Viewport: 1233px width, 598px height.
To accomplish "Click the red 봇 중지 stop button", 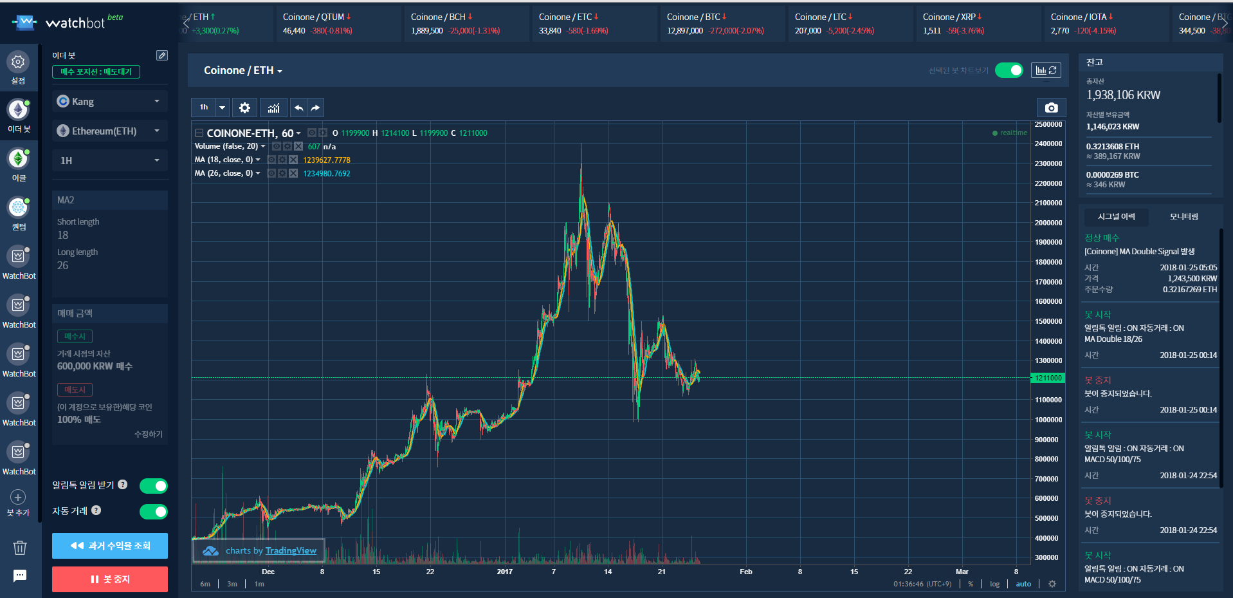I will tap(110, 579).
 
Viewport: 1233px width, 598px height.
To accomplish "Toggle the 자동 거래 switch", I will tap(154, 512).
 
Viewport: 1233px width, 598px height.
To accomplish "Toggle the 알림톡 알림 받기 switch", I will tap(154, 486).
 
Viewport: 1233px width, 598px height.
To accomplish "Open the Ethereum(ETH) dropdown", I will tap(109, 131).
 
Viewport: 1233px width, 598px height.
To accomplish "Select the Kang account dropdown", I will tap(109, 102).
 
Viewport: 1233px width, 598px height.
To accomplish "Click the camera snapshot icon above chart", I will tap(1051, 107).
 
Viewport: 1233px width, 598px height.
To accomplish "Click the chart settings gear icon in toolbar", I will tap(244, 107).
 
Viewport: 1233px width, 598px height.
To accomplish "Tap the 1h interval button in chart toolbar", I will tap(204, 107).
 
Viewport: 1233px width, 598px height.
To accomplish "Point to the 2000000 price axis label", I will tap(1048, 223).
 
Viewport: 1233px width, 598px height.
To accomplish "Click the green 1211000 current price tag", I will tap(1048, 378).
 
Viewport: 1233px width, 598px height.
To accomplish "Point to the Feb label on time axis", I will tap(746, 572).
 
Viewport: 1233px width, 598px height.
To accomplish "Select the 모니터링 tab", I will tap(1183, 217).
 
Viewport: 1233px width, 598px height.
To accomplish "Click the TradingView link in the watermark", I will tap(291, 551).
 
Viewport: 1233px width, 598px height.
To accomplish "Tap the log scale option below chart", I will tap(994, 584).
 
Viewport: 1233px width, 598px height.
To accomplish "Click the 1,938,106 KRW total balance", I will tap(1123, 95).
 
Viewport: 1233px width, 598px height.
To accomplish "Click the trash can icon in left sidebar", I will tap(20, 547).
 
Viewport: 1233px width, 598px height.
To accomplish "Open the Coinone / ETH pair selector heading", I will tap(242, 71).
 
